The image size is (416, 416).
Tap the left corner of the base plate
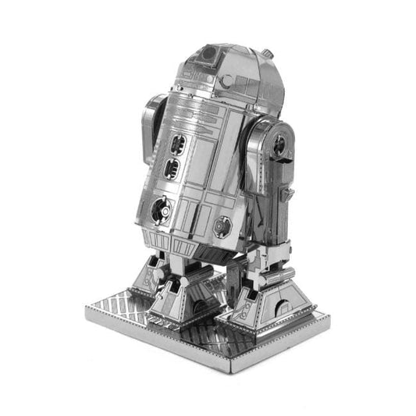[85, 312]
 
